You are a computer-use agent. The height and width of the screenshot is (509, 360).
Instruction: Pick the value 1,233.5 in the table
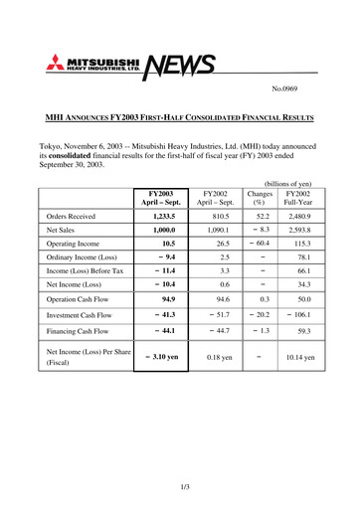click(x=162, y=215)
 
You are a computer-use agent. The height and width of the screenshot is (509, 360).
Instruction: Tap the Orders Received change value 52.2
click(x=263, y=215)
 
